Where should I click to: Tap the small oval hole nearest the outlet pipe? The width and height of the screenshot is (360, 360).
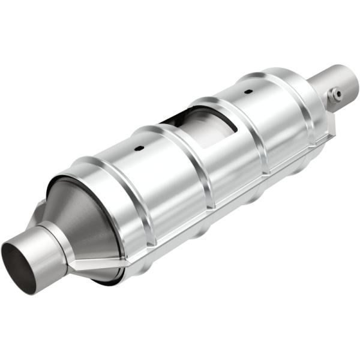(x=247, y=92)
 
